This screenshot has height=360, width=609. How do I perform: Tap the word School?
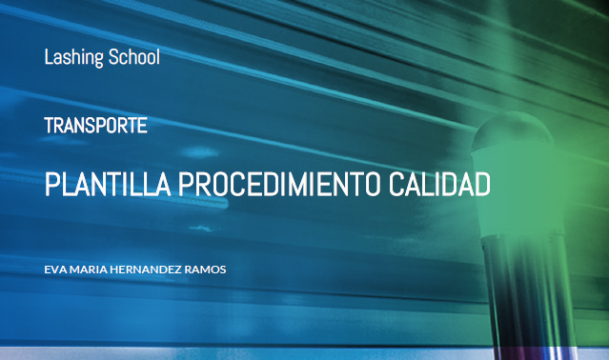(x=134, y=56)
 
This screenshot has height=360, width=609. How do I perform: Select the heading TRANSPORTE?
(x=95, y=125)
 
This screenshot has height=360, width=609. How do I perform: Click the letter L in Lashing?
(x=48, y=56)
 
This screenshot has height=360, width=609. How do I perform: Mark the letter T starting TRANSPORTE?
(x=49, y=125)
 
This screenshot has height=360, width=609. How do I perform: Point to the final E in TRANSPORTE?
(x=143, y=125)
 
